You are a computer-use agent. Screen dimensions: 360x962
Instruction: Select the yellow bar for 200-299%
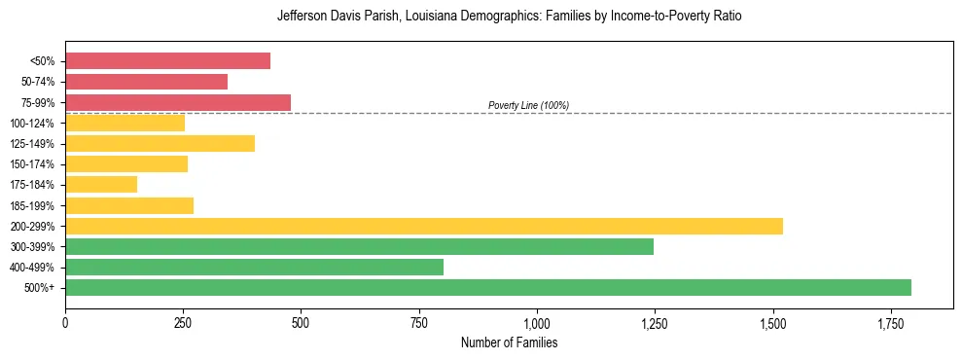click(x=424, y=226)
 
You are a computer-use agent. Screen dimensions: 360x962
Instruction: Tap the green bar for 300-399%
click(x=359, y=246)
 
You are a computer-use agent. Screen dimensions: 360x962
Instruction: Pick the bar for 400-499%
click(x=254, y=267)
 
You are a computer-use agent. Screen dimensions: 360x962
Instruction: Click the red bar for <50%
click(x=167, y=60)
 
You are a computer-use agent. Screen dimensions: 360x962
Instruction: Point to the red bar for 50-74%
click(x=146, y=82)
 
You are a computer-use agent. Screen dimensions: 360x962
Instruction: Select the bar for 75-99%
click(x=178, y=102)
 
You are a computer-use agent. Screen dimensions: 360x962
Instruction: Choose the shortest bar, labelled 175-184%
click(x=101, y=184)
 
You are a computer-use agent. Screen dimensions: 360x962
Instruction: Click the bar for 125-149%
click(x=160, y=143)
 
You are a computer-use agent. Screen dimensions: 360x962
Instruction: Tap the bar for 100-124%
click(x=125, y=123)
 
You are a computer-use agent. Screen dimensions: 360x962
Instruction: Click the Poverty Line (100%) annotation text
click(x=528, y=105)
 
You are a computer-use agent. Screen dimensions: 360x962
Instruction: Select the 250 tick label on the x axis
click(x=183, y=323)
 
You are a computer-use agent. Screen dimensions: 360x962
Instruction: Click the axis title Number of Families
click(x=509, y=342)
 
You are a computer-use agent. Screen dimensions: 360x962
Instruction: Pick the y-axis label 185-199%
click(x=32, y=205)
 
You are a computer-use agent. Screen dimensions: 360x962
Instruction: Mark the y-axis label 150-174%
click(x=32, y=164)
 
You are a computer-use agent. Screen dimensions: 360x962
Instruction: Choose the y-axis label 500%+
click(x=38, y=288)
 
